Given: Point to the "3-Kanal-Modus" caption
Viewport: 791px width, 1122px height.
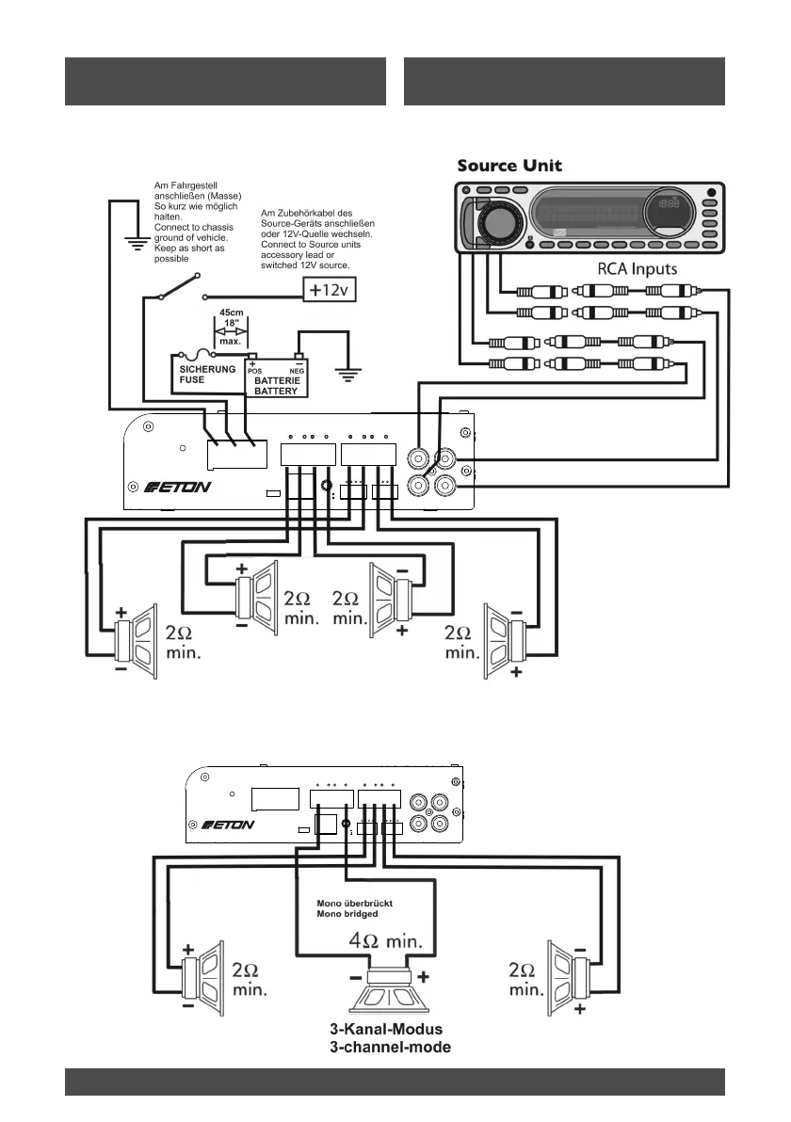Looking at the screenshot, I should coord(393,1029).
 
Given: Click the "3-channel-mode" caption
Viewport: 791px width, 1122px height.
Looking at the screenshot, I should coord(396,1048).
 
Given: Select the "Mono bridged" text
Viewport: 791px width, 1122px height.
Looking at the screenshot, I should coord(347,914).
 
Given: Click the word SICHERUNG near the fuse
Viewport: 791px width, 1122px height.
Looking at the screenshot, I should coord(207,370).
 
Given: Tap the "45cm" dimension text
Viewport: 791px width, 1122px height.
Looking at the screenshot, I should coord(231,313).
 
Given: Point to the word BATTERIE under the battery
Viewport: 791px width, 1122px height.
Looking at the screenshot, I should coord(276,381).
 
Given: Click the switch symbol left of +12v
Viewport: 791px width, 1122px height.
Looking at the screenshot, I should coord(179,286).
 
